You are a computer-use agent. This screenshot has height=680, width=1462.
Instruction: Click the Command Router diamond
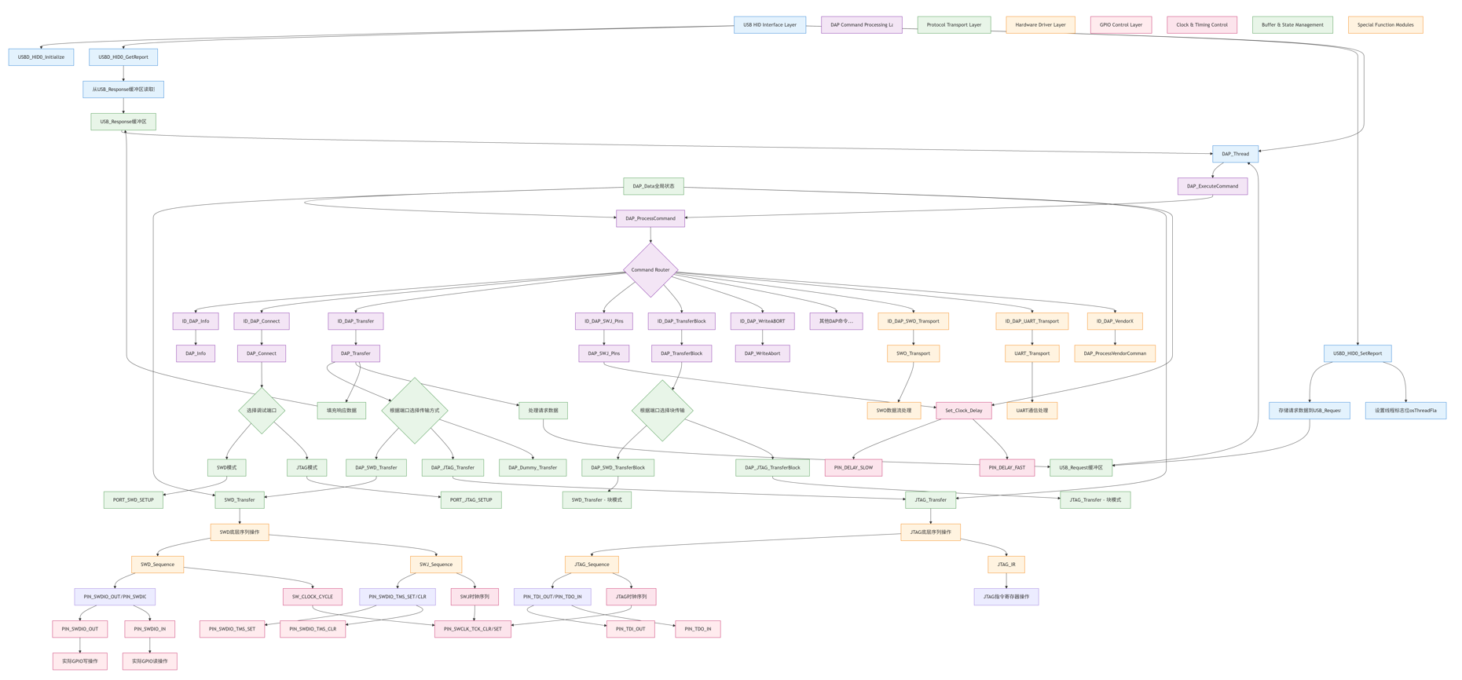pyautogui.click(x=650, y=270)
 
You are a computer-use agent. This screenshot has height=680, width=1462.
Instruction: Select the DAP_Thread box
pyautogui.click(x=1234, y=154)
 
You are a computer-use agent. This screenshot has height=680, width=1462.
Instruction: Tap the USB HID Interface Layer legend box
pyautogui.click(x=769, y=25)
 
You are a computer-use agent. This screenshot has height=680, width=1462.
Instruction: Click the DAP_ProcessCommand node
pyautogui.click(x=650, y=218)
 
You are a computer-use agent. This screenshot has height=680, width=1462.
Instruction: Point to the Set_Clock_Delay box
pyautogui.click(x=963, y=411)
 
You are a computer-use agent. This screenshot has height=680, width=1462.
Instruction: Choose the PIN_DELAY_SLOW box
pyautogui.click(x=853, y=468)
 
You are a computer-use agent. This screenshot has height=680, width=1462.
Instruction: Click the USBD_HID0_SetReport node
pyautogui.click(x=1357, y=353)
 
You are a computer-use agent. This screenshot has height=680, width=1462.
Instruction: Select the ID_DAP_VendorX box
pyautogui.click(x=1114, y=321)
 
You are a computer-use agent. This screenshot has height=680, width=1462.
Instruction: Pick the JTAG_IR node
pyautogui.click(x=1006, y=565)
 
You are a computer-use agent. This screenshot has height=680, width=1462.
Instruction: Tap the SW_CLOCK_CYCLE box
pyautogui.click(x=312, y=597)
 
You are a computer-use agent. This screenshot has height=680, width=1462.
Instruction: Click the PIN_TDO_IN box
pyautogui.click(x=697, y=629)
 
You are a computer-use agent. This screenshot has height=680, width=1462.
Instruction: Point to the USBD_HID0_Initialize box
pyautogui.click(x=42, y=57)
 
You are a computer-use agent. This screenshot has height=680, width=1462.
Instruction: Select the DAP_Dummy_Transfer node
pyautogui.click(x=532, y=468)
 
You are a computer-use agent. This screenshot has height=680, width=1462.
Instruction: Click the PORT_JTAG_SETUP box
pyautogui.click(x=471, y=500)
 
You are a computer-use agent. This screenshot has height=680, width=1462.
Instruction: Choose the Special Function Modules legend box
pyautogui.click(x=1384, y=25)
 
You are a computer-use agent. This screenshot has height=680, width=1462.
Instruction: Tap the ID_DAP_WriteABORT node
pyautogui.click(x=762, y=321)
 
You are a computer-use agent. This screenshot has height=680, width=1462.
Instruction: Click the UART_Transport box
pyautogui.click(x=1031, y=353)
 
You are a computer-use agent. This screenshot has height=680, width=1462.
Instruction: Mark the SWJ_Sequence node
pyautogui.click(x=435, y=565)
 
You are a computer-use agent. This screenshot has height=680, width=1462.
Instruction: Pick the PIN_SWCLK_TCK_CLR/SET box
pyautogui.click(x=472, y=629)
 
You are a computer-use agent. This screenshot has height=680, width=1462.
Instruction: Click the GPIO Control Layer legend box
pyautogui.click(x=1120, y=25)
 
